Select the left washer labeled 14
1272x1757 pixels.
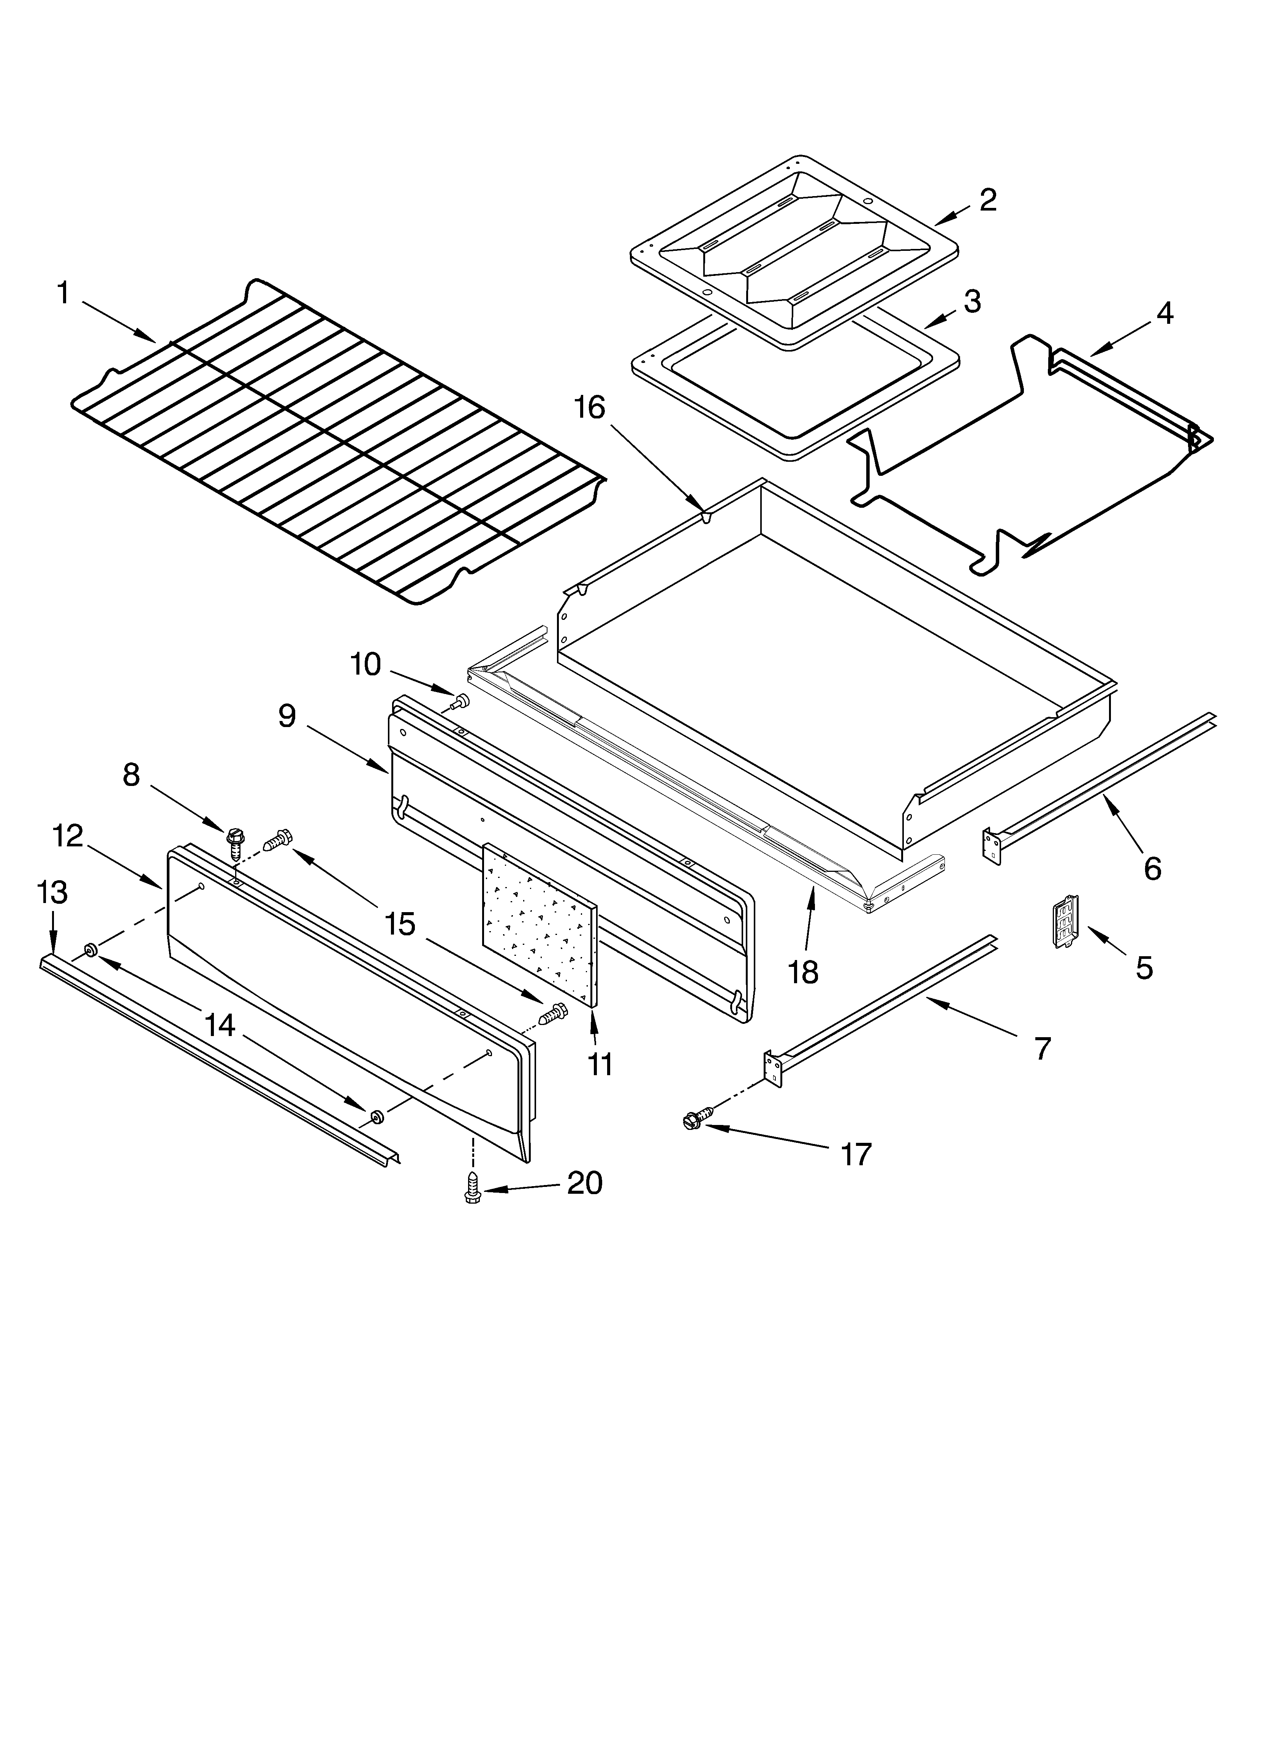coord(90,950)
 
